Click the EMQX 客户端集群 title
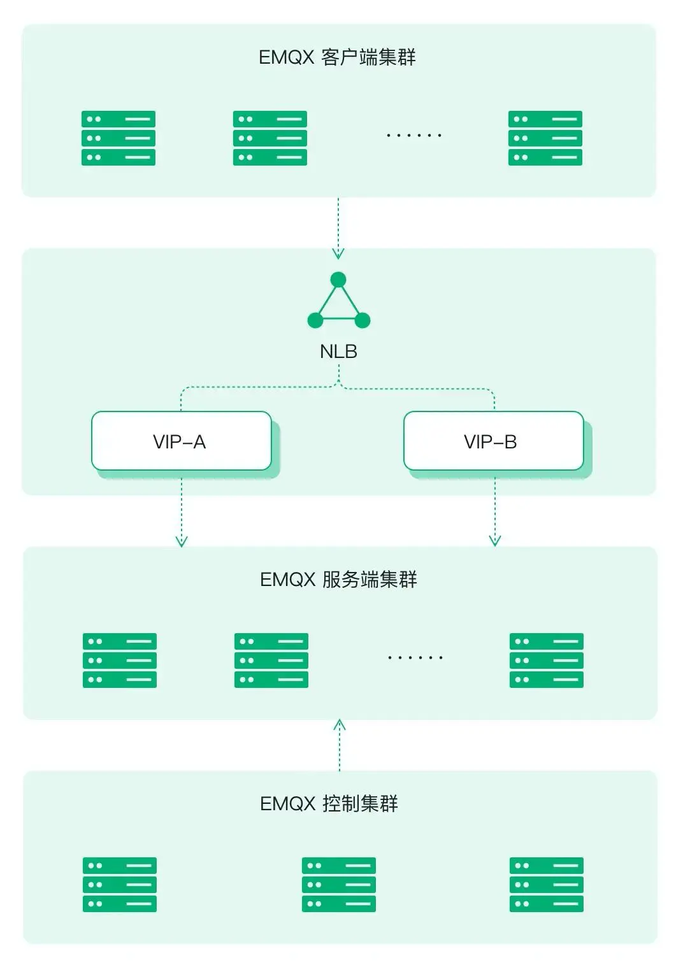(337, 57)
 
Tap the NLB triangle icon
(338, 302)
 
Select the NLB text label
(338, 352)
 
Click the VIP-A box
(182, 441)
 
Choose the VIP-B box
(493, 441)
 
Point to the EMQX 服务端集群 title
(338, 580)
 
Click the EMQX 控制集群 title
(329, 804)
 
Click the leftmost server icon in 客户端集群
(119, 138)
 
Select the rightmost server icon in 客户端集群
(545, 138)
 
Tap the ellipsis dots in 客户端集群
(413, 136)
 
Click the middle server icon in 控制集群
(338, 885)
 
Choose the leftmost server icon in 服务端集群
(120, 661)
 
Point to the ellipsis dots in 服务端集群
(415, 657)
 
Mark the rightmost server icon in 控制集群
(546, 885)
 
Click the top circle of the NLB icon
(338, 280)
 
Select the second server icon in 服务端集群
(271, 661)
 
